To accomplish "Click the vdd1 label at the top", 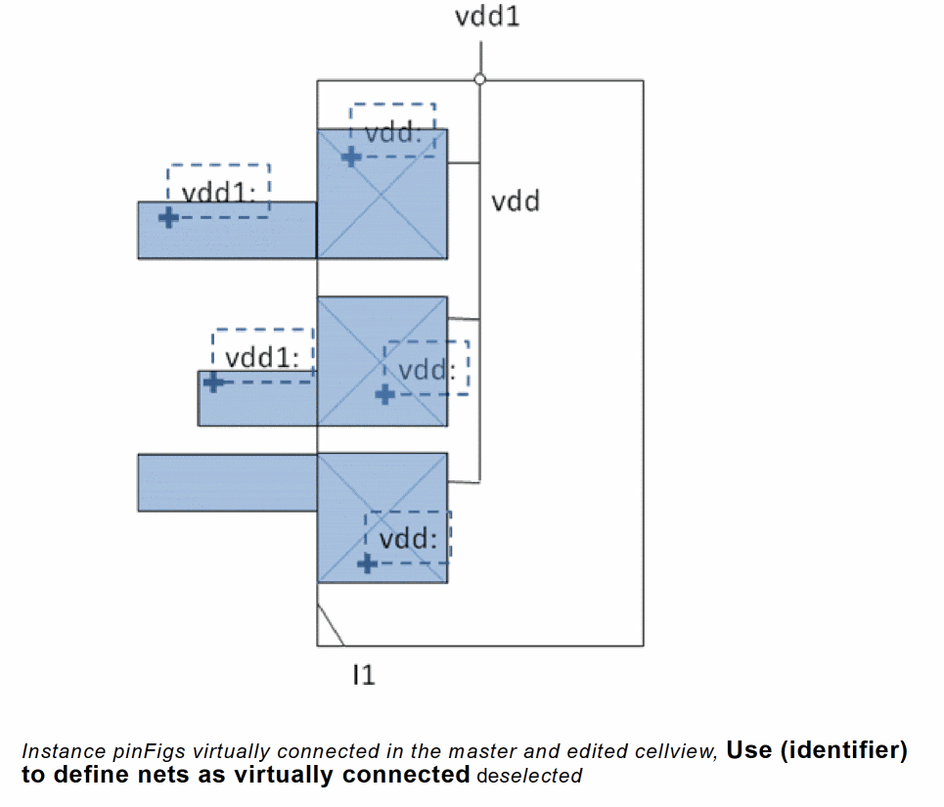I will (x=487, y=17).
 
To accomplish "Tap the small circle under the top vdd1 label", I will (x=479, y=79).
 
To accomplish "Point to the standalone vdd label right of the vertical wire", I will (x=516, y=202).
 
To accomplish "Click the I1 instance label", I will (x=364, y=674).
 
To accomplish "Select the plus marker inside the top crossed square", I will (x=351, y=155).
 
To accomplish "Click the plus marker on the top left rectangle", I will (x=168, y=217).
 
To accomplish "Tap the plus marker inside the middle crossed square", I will (x=384, y=393).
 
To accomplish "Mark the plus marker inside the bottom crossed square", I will (x=367, y=562).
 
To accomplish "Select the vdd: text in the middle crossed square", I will (x=428, y=370).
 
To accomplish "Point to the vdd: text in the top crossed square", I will (x=393, y=133).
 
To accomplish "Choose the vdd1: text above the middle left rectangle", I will (x=262, y=357).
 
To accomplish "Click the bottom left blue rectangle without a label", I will (x=227, y=482).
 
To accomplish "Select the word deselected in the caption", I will (x=528, y=776).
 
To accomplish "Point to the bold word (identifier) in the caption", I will (x=842, y=750).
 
